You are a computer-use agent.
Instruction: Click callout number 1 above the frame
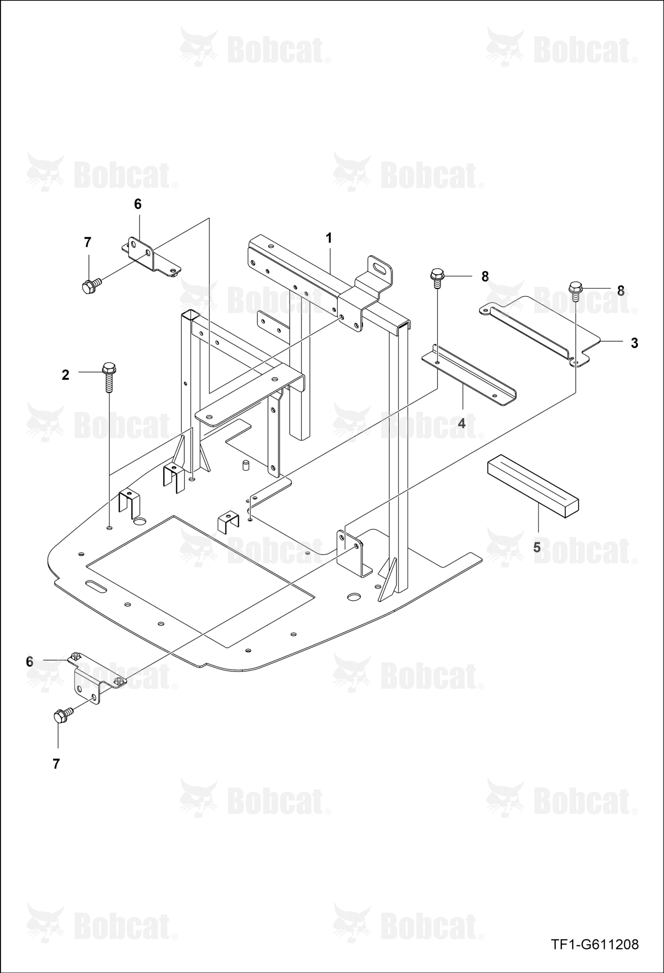pyautogui.click(x=328, y=238)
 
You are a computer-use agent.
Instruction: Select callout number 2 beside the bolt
pyautogui.click(x=66, y=375)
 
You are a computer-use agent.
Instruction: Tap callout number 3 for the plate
pyautogui.click(x=634, y=343)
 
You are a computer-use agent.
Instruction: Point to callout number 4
pyautogui.click(x=461, y=424)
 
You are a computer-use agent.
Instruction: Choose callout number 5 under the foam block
pyautogui.click(x=537, y=548)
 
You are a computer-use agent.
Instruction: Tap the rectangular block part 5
pyautogui.click(x=533, y=488)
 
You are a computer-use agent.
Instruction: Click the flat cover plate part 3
pyautogui.click(x=541, y=330)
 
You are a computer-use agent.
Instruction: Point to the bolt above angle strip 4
pyautogui.click(x=437, y=278)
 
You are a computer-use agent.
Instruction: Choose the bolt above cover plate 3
pyautogui.click(x=575, y=291)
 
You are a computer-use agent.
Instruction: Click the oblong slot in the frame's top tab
pyautogui.click(x=379, y=269)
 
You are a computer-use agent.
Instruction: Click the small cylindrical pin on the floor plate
pyautogui.click(x=245, y=465)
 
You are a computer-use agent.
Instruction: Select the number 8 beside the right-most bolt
pyautogui.click(x=621, y=291)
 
